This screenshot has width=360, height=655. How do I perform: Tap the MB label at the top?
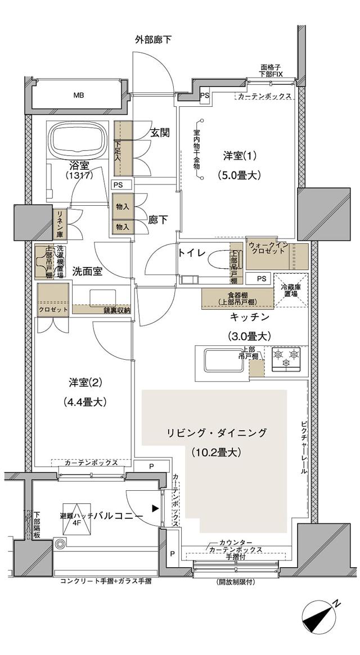[78, 95]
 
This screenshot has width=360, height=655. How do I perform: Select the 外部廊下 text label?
[153, 39]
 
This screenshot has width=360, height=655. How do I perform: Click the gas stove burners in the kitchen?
[285, 358]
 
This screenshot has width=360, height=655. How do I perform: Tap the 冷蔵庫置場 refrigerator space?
[291, 290]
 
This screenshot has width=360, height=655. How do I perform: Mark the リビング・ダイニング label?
[216, 433]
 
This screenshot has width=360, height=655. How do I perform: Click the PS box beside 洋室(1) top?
[205, 96]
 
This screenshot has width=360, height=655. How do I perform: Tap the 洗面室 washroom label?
[87, 271]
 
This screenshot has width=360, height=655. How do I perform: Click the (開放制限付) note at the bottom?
[235, 582]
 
